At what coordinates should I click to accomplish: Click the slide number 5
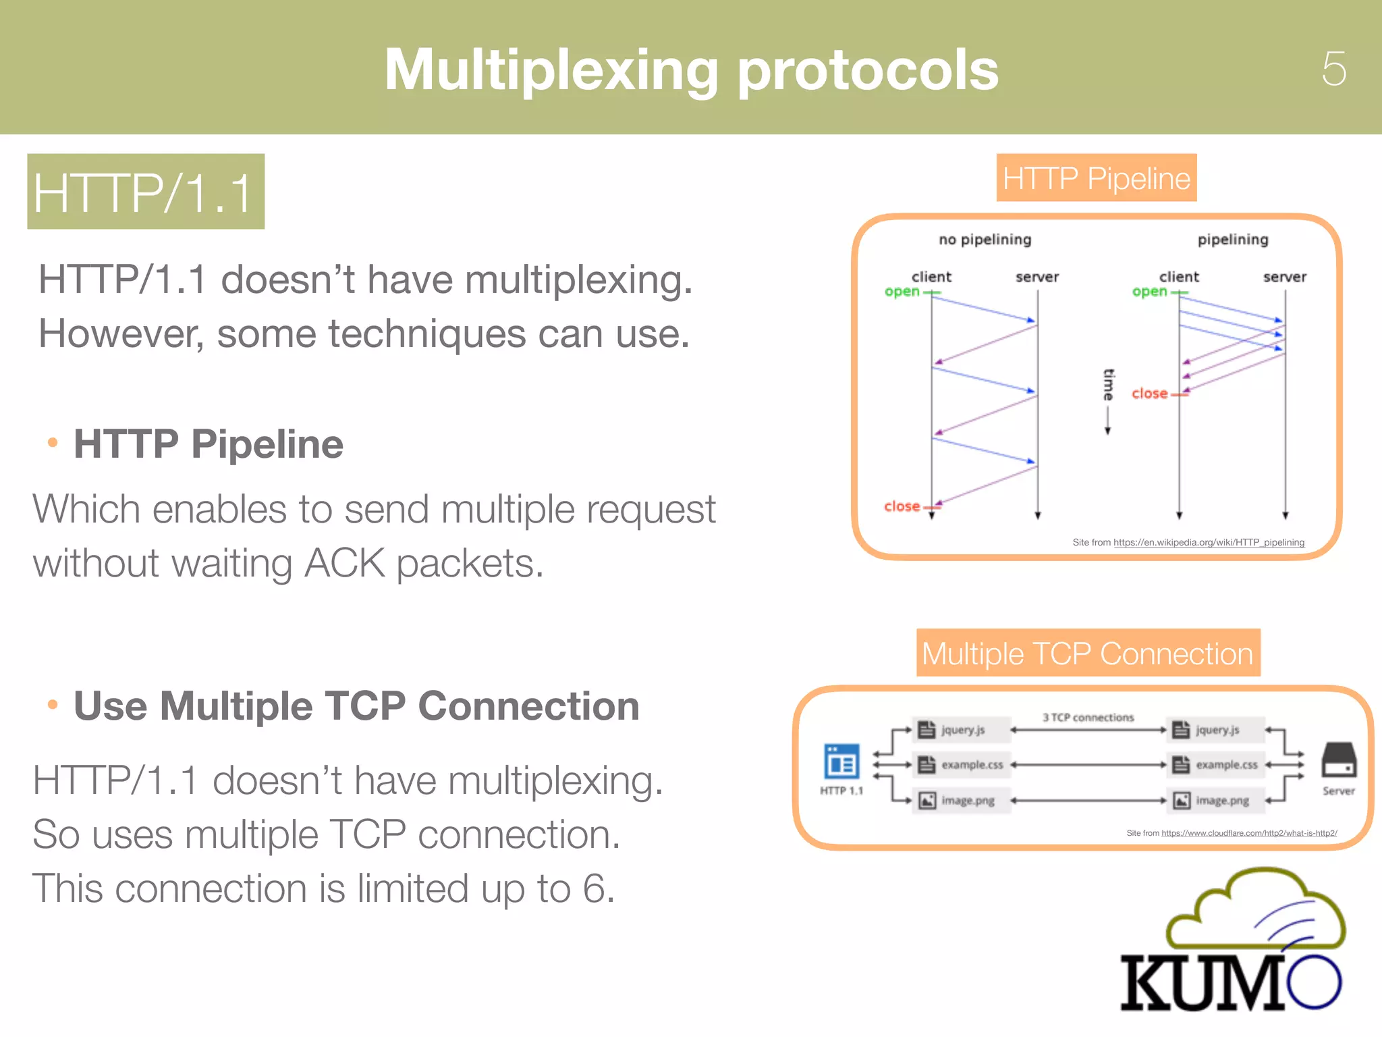coord(1333,68)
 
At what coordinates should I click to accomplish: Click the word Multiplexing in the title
coord(551,70)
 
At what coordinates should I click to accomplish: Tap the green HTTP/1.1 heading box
coord(146,192)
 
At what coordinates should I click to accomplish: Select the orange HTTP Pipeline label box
coord(1096,178)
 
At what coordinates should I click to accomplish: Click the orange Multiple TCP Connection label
coord(1088,653)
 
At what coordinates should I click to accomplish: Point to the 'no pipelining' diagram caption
coord(985,240)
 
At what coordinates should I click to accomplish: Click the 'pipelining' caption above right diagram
coord(1232,240)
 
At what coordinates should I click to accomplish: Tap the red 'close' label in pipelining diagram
coord(1149,394)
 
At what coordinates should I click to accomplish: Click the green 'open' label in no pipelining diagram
coord(902,292)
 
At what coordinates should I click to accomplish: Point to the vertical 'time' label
coord(1108,385)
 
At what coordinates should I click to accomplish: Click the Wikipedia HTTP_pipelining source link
coord(1208,542)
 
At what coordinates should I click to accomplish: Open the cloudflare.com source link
coord(1248,833)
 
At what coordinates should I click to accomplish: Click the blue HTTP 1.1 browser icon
coord(841,762)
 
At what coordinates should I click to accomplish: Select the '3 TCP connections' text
coord(1088,718)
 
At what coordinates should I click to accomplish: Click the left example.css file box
coord(962,765)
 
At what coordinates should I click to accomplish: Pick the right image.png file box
coord(1215,801)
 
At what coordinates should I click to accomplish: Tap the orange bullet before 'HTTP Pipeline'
coord(53,443)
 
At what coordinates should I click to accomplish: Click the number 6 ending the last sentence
coord(593,888)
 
